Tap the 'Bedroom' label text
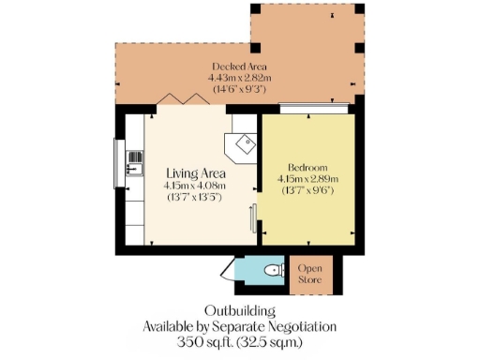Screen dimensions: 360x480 (307, 166)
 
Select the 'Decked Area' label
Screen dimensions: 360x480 (240, 67)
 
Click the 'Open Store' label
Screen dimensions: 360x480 (310, 274)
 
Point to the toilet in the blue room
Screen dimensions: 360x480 (273, 271)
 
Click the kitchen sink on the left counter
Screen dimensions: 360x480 (133, 161)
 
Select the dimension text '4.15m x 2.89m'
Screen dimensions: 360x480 (307, 178)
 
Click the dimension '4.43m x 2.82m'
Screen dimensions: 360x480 (240, 78)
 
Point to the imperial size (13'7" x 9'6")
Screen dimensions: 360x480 (307, 190)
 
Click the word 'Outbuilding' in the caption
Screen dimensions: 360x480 (240, 310)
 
